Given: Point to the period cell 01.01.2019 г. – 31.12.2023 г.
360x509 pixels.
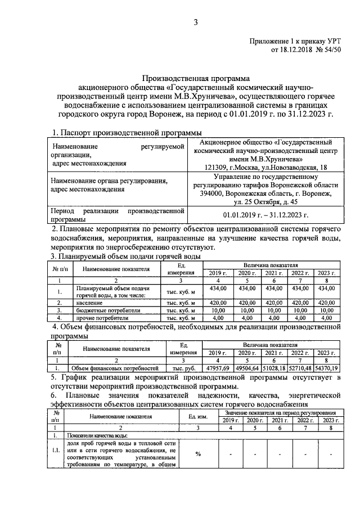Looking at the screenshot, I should point(264,214).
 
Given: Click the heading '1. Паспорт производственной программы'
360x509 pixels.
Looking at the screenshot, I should point(127,132).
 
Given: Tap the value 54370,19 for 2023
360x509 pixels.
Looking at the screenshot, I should point(326,368).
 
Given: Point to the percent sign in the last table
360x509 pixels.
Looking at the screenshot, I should point(198,454).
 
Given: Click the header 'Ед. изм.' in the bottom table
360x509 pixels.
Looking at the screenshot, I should point(198,417).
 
